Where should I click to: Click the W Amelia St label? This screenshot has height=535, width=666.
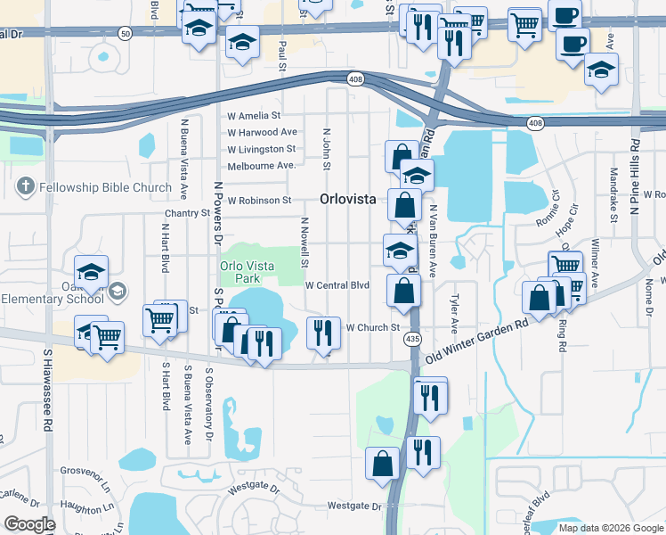point(254,116)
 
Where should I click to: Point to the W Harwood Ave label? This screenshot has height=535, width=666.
point(262,132)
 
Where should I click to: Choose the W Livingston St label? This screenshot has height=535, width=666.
point(261,149)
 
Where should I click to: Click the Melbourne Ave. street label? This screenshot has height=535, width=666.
point(261,166)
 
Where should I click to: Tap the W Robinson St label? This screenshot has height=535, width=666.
point(259,201)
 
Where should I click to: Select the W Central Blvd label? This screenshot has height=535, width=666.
point(337,285)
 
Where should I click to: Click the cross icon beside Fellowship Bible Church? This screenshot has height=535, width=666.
point(25,187)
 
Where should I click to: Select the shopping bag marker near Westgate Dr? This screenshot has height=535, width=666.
point(383,464)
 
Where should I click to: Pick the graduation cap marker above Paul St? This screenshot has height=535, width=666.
point(241,42)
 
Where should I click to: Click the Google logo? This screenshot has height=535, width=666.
point(28,524)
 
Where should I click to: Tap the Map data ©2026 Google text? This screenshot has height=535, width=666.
point(611,527)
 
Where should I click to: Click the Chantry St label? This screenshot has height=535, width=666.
point(187,214)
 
